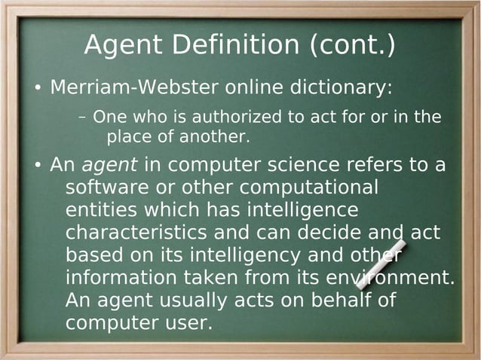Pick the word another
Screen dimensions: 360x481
[x=216, y=138]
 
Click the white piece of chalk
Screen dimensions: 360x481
[x=381, y=264]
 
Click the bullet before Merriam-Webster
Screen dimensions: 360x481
[x=37, y=90]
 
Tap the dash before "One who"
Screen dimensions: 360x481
[x=82, y=118]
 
